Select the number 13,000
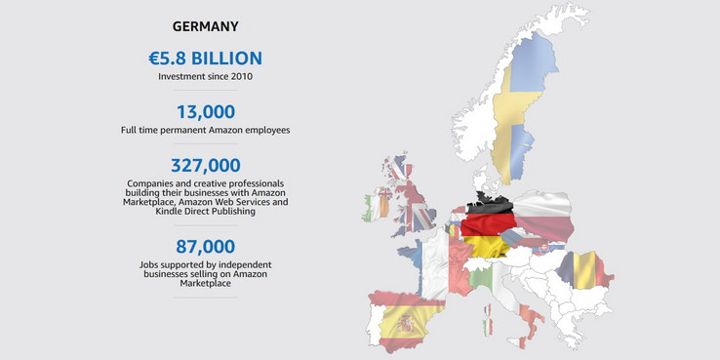click(x=205, y=111)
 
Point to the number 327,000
click(x=205, y=166)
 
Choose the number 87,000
click(x=205, y=248)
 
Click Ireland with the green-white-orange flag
click(x=377, y=208)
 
